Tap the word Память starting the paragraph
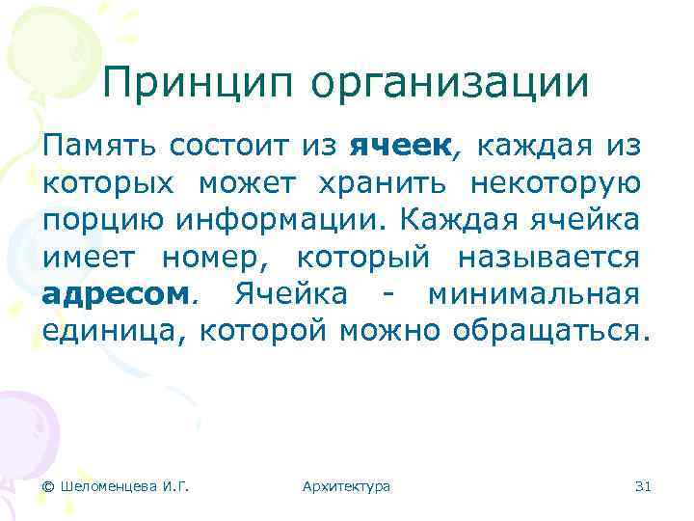(x=99, y=147)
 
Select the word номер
(x=204, y=257)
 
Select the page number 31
(x=644, y=486)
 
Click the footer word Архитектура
(x=346, y=486)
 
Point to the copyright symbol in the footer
(x=48, y=486)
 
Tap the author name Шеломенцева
(x=106, y=486)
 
